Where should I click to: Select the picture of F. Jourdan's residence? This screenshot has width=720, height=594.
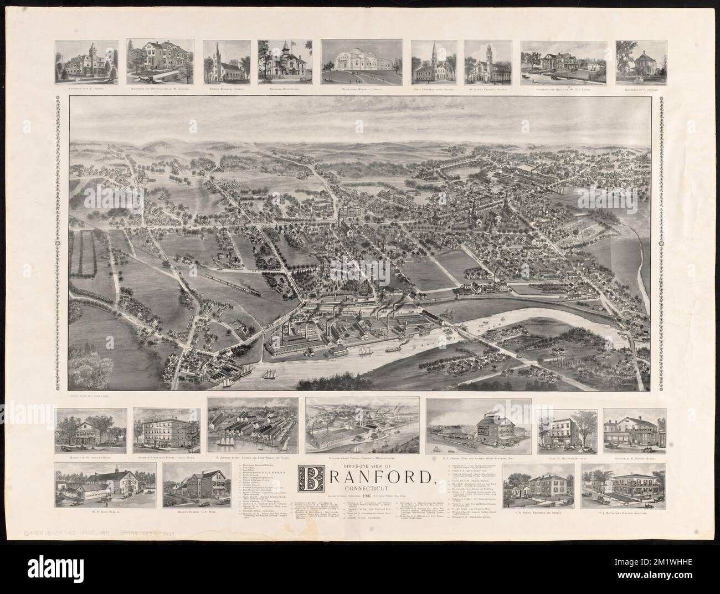tap(640, 61)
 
